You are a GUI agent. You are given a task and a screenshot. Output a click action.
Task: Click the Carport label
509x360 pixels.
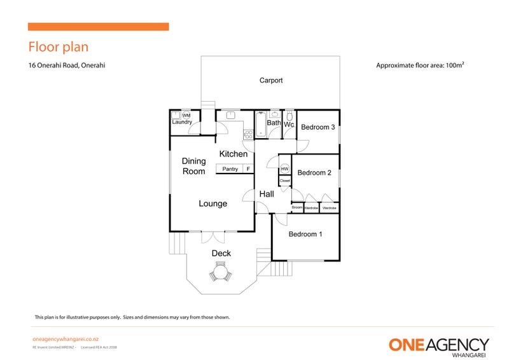tap(270, 81)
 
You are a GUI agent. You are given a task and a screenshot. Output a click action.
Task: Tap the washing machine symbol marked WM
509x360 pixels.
tap(186, 115)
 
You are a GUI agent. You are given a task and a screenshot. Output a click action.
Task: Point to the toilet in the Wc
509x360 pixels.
tap(289, 116)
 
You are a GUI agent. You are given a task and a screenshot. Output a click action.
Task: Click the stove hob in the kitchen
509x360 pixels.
tap(248, 134)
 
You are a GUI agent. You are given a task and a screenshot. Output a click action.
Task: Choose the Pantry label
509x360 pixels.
tap(230, 169)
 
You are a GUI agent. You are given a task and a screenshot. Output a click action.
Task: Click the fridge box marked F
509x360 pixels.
tap(248, 169)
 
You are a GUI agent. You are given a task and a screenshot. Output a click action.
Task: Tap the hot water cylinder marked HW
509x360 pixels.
tap(284, 169)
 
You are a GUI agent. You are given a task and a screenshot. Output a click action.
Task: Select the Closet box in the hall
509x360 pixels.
tap(284, 181)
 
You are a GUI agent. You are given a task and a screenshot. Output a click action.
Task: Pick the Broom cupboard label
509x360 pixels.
tap(297, 207)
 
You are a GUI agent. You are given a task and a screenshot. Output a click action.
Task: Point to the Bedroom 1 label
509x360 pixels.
tap(305, 234)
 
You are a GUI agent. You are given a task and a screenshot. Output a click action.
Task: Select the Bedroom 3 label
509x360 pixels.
tap(318, 127)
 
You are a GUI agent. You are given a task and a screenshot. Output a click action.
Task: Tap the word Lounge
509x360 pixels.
tap(213, 204)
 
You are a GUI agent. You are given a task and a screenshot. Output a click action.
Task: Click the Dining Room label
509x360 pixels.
tap(194, 166)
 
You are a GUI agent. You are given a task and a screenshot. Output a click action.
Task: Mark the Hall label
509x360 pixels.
tap(267, 194)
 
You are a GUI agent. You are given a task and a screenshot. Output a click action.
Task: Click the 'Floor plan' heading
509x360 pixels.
tap(59, 47)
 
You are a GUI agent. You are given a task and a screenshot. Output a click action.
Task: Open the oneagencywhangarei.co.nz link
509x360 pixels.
tap(65, 340)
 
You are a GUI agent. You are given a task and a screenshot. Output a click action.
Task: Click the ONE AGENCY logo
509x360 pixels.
tap(439, 345)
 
